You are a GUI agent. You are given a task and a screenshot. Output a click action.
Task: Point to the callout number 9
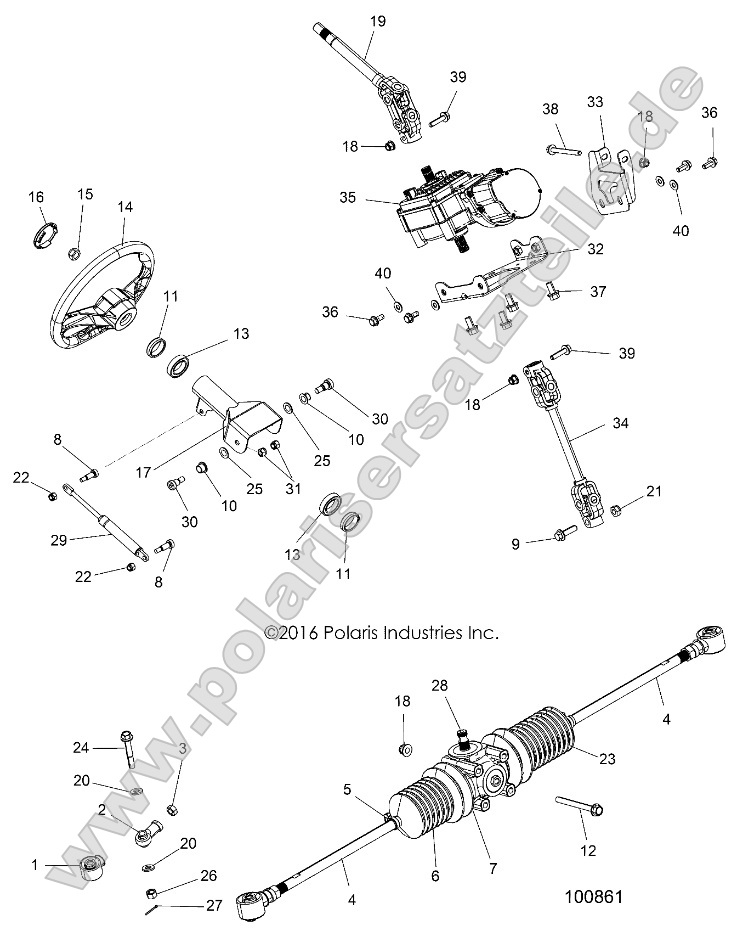pyautogui.click(x=517, y=544)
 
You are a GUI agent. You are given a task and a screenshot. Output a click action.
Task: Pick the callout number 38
pyautogui.click(x=550, y=109)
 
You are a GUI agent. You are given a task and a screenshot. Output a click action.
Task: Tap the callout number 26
pyautogui.click(x=208, y=876)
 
